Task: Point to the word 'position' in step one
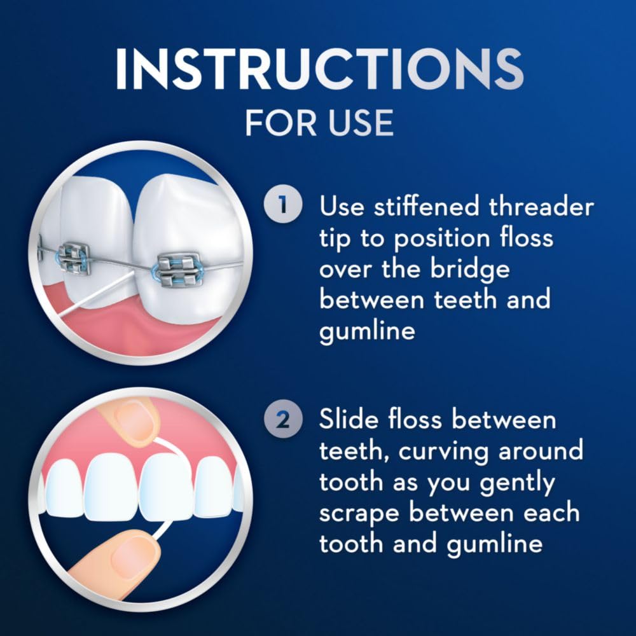[x=439, y=238]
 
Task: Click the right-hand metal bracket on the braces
[x=179, y=270]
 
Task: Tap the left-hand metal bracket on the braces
[x=75, y=258]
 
